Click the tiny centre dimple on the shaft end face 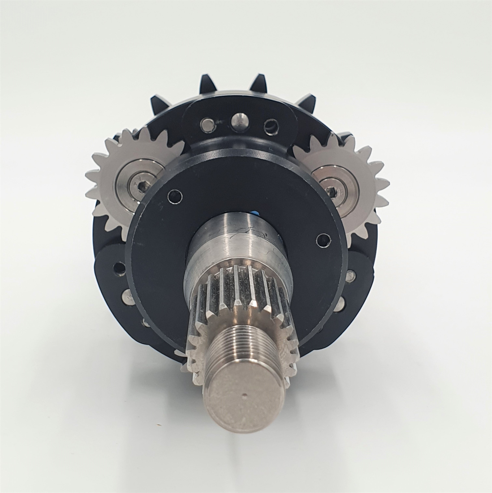coord(245,403)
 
